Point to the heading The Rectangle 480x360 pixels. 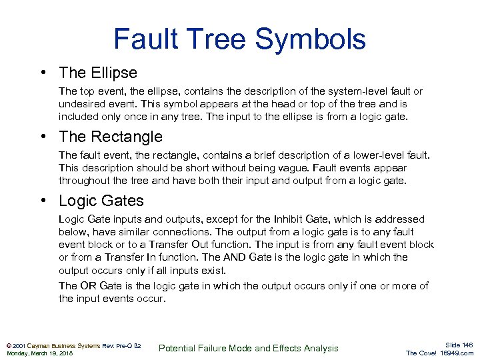point(111,137)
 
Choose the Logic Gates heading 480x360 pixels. point(101,201)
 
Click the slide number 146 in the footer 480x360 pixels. point(465,345)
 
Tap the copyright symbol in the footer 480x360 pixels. point(8,345)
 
